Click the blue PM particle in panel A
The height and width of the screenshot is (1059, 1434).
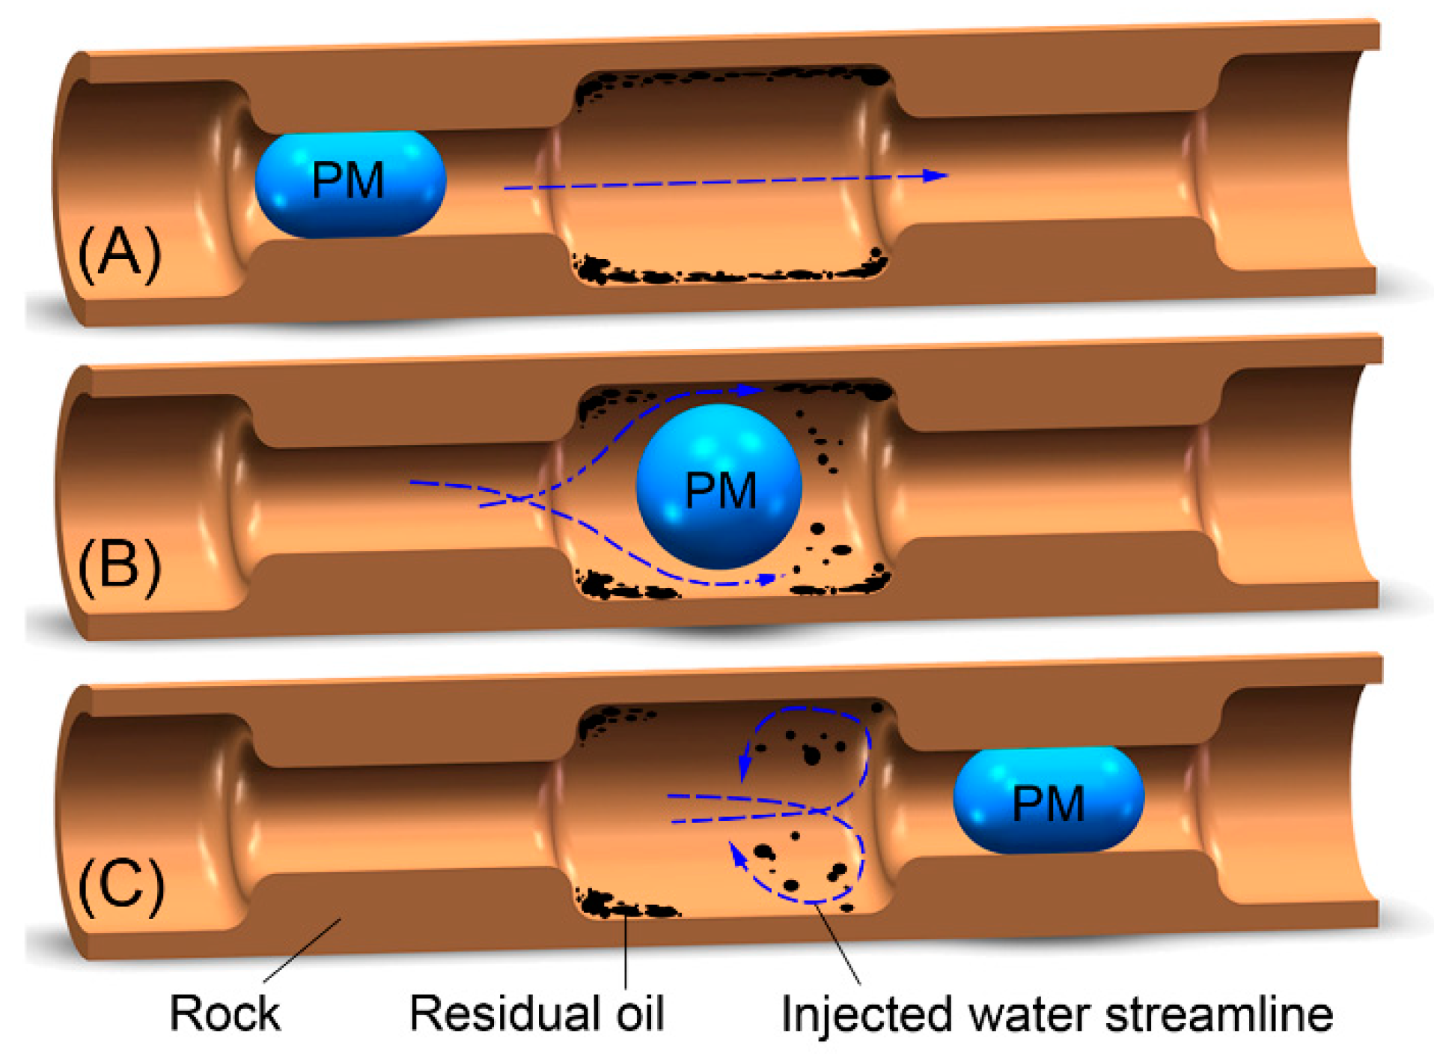350,183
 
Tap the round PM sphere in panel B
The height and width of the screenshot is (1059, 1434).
718,487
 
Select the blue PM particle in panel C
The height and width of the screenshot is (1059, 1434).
1048,800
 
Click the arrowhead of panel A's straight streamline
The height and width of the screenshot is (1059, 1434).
936,175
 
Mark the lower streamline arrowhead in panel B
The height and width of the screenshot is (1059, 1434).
767,579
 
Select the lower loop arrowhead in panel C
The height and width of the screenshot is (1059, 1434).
739,854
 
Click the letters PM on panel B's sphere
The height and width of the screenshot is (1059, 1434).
721,491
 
